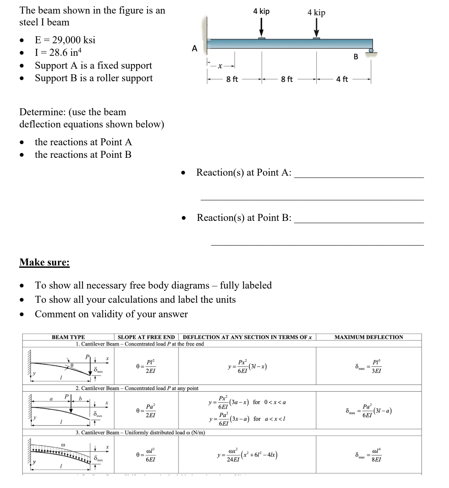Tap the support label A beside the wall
[x=194, y=49]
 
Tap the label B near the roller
[x=356, y=57]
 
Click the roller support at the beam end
[x=371, y=51]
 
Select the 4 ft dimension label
[x=342, y=79]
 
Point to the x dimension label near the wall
[x=220, y=66]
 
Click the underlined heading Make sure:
[x=45, y=262]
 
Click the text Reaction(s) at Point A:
[x=244, y=172]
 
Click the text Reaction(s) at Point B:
[x=244, y=218]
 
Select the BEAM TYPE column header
[x=68, y=337]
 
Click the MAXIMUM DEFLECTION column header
[x=369, y=337]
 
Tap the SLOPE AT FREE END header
[x=146, y=337]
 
